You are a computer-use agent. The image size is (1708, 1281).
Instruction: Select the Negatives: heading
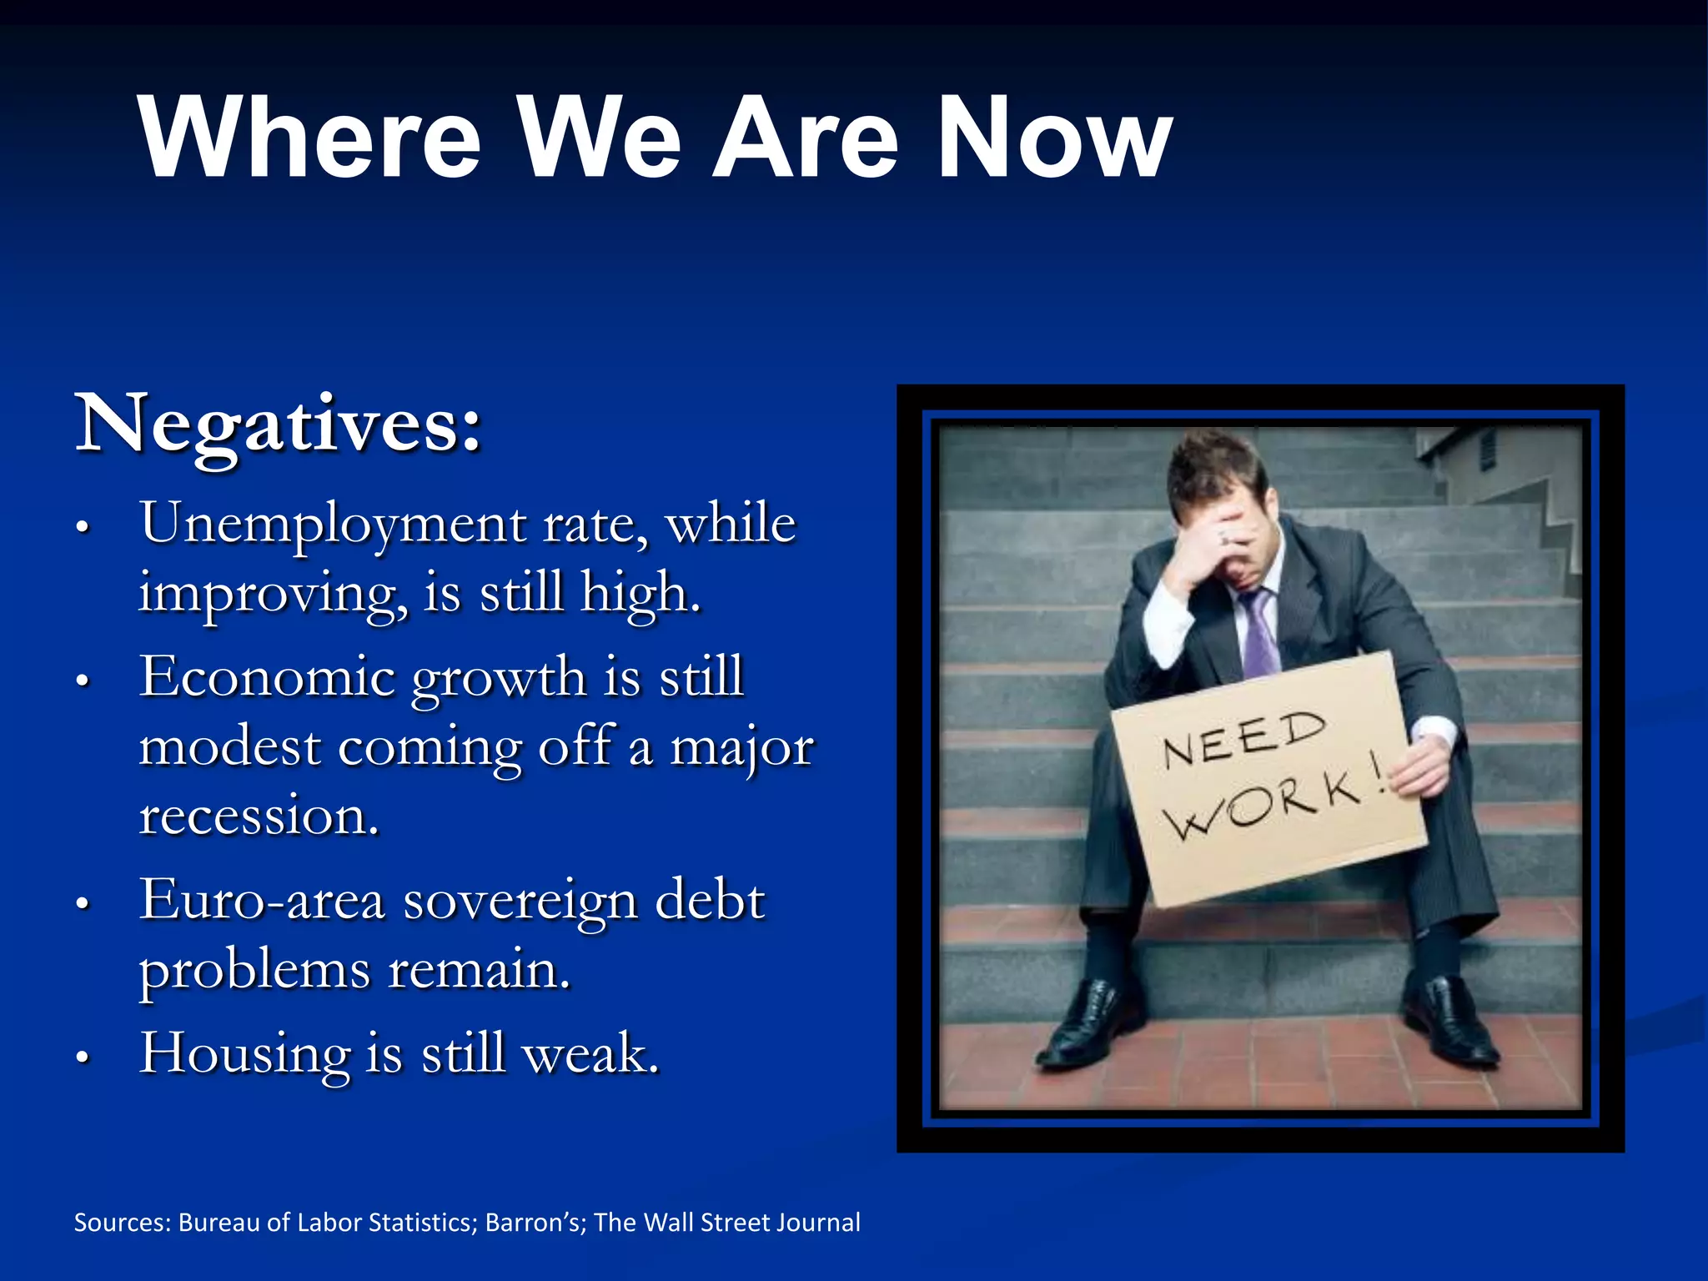tap(279, 425)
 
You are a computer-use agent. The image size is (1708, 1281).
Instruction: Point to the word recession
tap(259, 816)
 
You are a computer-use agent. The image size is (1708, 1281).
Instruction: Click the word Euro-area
tap(262, 901)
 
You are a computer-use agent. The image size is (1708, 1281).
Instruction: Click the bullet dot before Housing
tap(82, 1057)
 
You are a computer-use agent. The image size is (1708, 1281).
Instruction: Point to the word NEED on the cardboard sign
tap(1243, 739)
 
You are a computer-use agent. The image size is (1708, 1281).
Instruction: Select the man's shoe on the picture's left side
tap(1084, 1026)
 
